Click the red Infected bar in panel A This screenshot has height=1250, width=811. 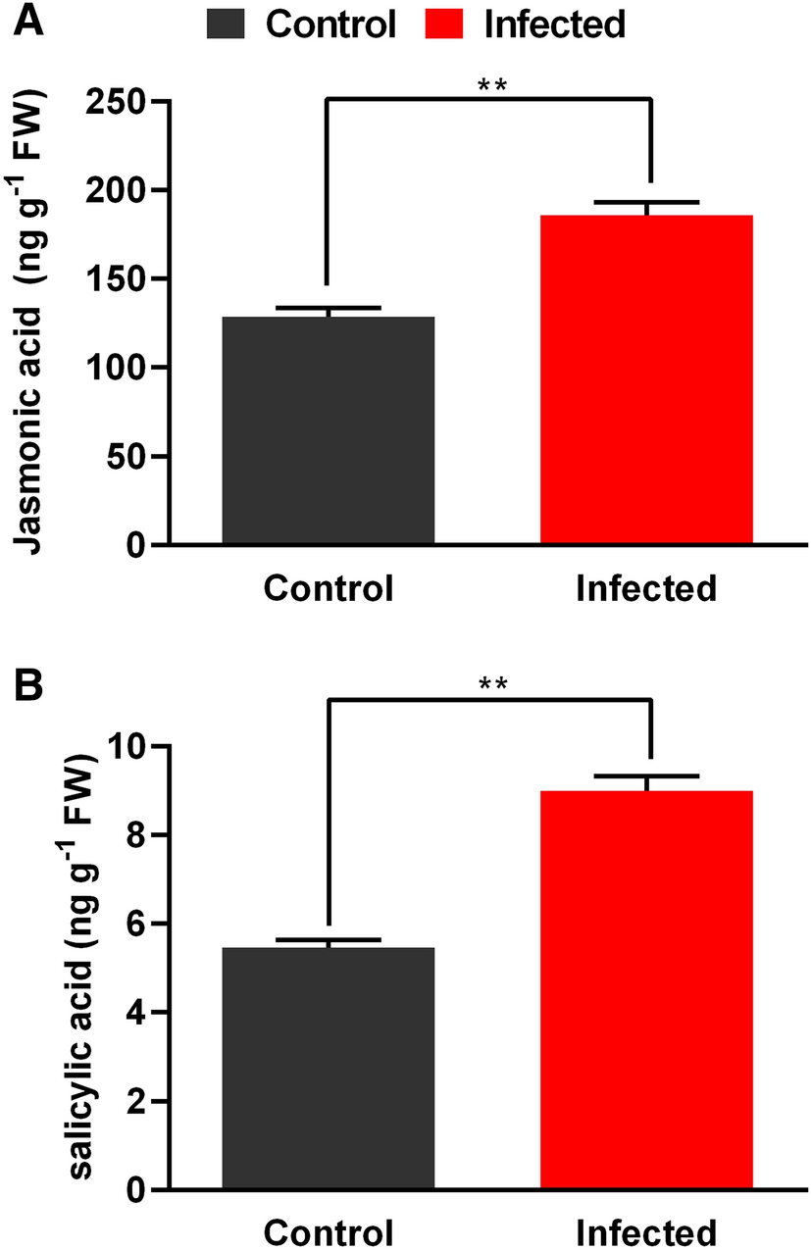coord(646,378)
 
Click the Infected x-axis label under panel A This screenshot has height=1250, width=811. coord(646,588)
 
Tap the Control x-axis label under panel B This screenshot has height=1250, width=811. coord(328,1231)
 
